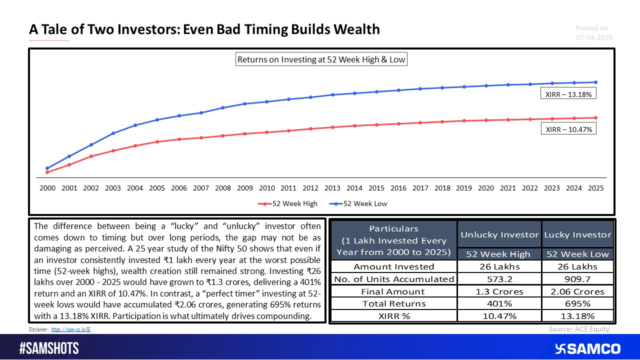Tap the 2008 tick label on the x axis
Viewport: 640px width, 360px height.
coord(222,188)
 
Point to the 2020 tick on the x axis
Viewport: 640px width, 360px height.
coord(486,188)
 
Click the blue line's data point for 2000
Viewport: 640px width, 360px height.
coord(47,168)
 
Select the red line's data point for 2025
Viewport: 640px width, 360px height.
coord(596,118)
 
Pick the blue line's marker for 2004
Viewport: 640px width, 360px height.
coord(135,125)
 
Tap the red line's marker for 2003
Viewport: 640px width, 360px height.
coord(113,150)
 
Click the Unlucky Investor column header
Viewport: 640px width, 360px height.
coord(499,234)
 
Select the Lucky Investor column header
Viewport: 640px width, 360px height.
coord(577,234)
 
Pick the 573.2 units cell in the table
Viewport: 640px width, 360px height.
coord(499,279)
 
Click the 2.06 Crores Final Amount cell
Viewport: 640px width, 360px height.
coord(577,291)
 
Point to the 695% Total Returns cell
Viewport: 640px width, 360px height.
coord(577,303)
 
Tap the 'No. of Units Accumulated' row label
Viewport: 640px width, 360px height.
coord(393,279)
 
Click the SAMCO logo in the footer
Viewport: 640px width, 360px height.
coord(587,348)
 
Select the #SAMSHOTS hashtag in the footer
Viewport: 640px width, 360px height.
coord(49,348)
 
